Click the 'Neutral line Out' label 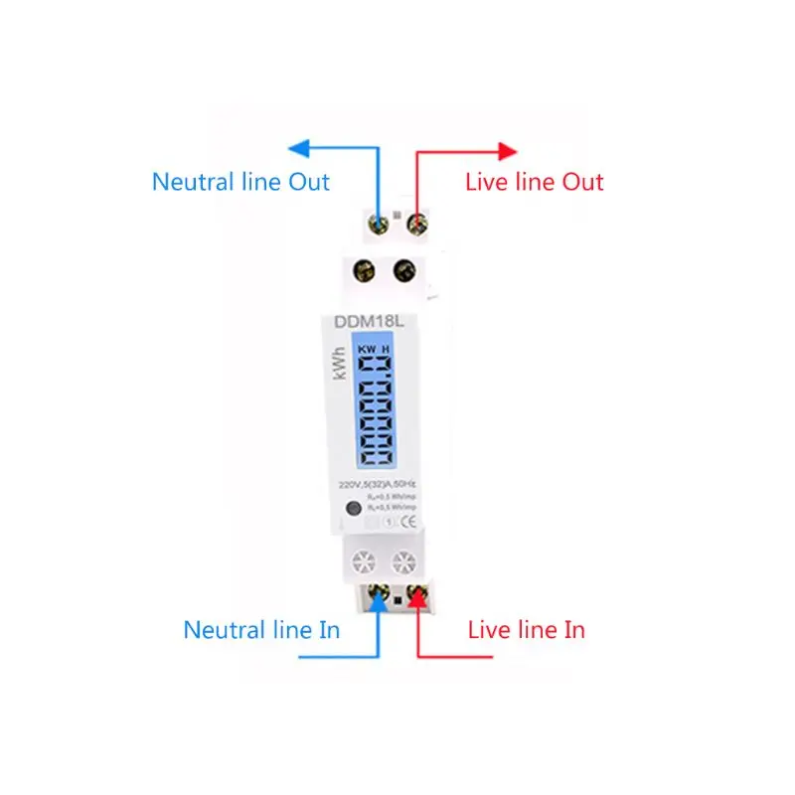click(x=240, y=182)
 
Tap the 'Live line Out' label click(x=535, y=182)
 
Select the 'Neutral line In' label click(x=261, y=630)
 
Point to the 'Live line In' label click(x=526, y=630)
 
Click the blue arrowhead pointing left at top click(x=297, y=149)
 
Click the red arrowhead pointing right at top click(x=507, y=151)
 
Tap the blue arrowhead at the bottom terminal click(x=379, y=598)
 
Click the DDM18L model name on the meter click(x=354, y=322)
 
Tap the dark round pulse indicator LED click(x=351, y=512)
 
